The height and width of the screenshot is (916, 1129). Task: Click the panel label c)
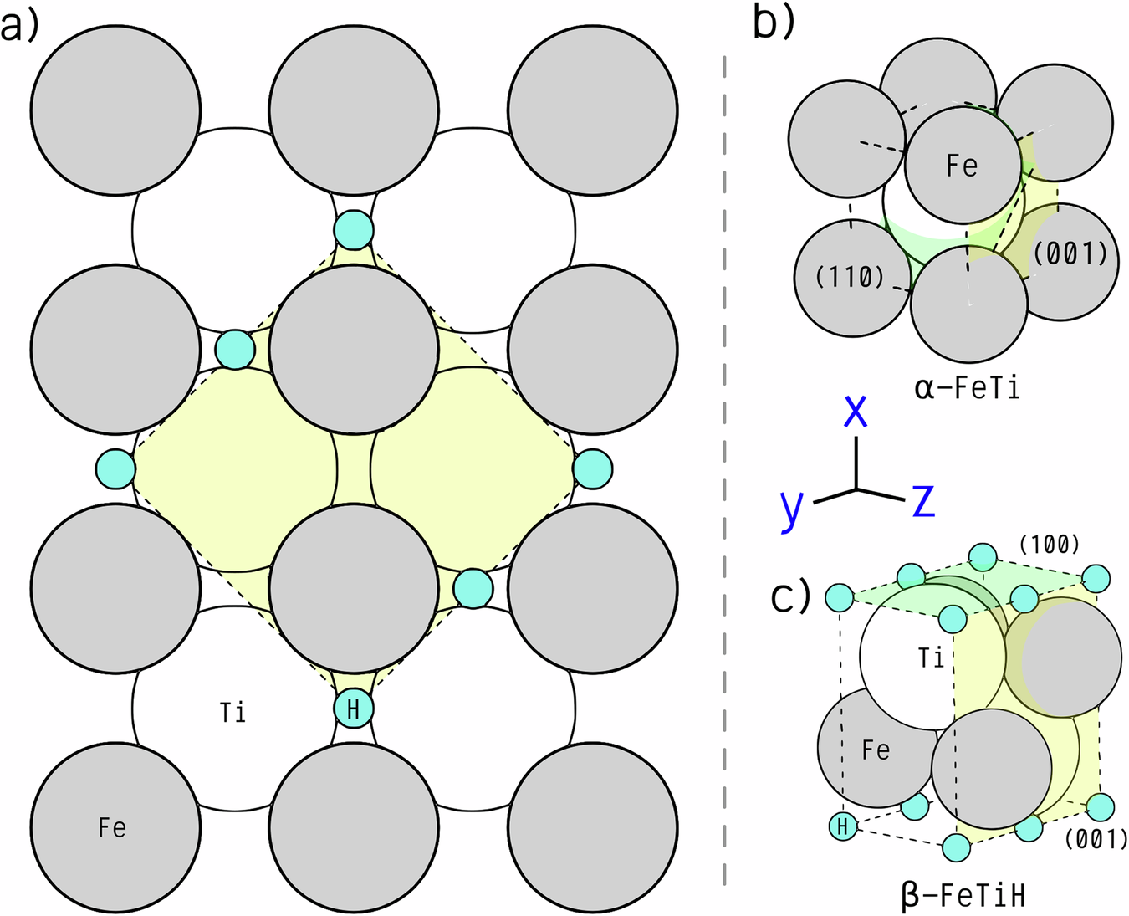pos(791,596)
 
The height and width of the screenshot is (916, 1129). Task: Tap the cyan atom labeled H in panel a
pos(354,709)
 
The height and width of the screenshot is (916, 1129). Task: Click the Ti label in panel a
pos(232,713)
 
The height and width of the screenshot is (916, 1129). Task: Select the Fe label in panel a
pos(112,827)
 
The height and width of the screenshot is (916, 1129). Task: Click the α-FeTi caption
pos(967,388)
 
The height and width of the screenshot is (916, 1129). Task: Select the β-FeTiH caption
pos(963,896)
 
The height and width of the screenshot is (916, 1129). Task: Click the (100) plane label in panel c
pos(1050,545)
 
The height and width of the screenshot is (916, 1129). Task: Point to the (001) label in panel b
pos(1070,254)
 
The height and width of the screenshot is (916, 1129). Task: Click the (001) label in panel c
pos(1096,838)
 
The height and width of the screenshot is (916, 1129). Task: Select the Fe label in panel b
pos(962,166)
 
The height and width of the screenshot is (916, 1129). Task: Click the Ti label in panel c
pos(931,658)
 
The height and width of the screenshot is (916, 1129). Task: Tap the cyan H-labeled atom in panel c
pos(843,826)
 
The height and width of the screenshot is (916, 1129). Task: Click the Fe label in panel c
pos(876,750)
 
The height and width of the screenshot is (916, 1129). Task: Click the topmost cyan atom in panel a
pos(354,229)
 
